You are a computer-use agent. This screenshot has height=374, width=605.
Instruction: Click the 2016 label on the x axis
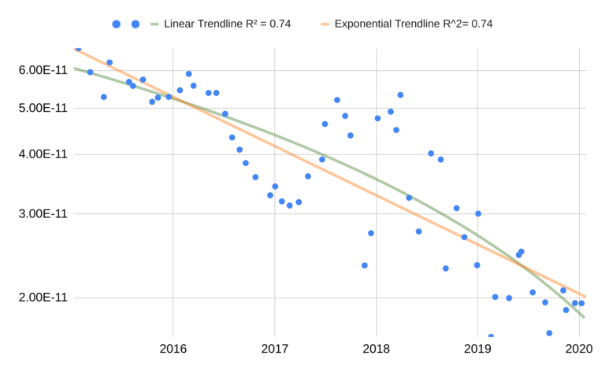(x=173, y=348)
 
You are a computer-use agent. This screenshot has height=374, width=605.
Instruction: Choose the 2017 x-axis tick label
(x=274, y=348)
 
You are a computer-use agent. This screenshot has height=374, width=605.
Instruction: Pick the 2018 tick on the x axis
(x=376, y=348)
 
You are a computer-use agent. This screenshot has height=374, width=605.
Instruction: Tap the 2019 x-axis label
(x=477, y=348)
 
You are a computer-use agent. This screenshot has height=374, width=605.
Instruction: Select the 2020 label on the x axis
(x=579, y=348)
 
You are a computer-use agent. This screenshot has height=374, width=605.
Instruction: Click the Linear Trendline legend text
(x=227, y=24)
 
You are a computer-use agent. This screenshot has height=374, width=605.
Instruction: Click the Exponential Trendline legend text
(x=414, y=24)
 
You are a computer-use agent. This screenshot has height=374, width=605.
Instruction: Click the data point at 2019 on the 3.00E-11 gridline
(x=477, y=213)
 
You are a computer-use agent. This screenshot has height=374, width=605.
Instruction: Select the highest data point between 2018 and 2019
(x=400, y=94)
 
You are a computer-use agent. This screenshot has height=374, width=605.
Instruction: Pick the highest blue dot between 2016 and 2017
(x=188, y=74)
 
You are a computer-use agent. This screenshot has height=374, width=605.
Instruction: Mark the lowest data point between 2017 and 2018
(x=365, y=265)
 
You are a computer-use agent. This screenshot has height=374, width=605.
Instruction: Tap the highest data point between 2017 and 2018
(x=337, y=100)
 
